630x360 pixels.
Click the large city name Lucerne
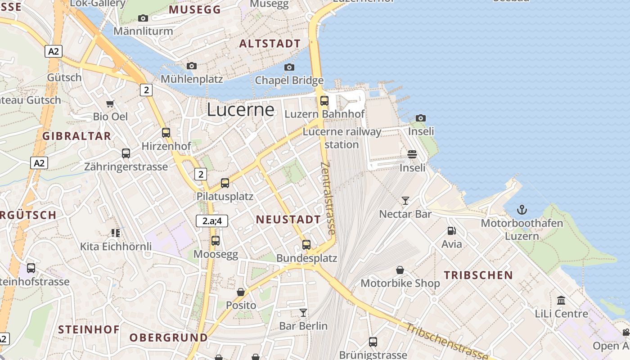point(240,110)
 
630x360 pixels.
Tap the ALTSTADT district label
point(270,44)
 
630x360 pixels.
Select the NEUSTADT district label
point(288,220)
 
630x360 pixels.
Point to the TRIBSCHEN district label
point(478,275)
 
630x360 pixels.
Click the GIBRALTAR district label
point(76,136)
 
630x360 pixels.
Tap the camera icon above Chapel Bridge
point(289,67)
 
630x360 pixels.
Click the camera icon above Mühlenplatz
point(192,66)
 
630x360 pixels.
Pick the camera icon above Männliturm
point(143,18)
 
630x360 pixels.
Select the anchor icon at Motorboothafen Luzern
point(522,210)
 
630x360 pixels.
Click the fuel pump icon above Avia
point(451,231)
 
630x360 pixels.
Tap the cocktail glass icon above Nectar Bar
point(405,200)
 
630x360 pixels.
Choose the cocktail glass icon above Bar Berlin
point(303,312)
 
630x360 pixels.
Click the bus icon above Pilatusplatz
point(225,183)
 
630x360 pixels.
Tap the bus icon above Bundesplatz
point(306,245)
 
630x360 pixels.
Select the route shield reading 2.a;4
point(212,221)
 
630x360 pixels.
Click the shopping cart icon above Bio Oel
point(110,103)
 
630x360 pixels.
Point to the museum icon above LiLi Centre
point(561,300)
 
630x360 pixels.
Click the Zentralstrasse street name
point(328,198)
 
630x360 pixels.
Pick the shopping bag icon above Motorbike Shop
point(400,270)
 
